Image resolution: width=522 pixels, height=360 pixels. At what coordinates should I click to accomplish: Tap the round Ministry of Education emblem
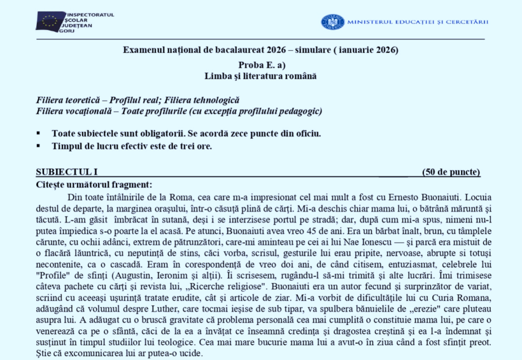(x=332, y=22)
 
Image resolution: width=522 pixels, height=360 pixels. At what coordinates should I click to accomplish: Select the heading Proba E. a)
(x=261, y=66)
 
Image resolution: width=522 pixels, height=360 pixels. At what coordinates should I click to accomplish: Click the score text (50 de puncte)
(x=451, y=172)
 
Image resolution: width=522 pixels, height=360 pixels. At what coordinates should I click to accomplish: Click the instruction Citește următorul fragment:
(x=94, y=184)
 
